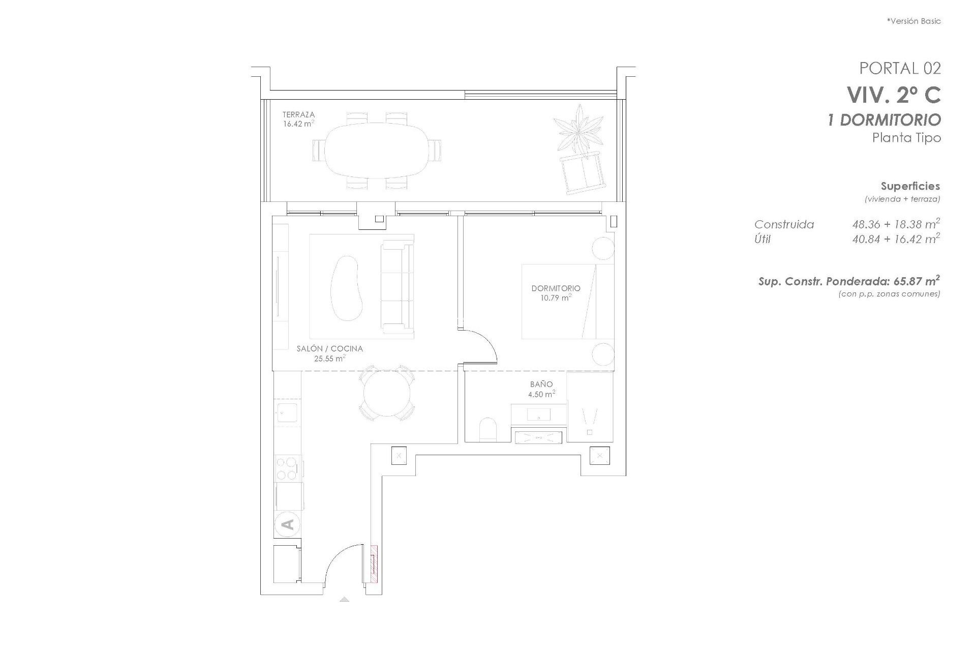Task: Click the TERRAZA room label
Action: pyautogui.click(x=298, y=115)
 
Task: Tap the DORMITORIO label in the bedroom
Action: pyautogui.click(x=556, y=288)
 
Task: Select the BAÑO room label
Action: pyautogui.click(x=541, y=384)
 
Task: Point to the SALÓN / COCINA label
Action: pyautogui.click(x=329, y=349)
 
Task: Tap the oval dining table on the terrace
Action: pyautogui.click(x=376, y=151)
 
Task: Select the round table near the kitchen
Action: pyautogui.click(x=387, y=393)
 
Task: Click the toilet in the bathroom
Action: pyautogui.click(x=487, y=429)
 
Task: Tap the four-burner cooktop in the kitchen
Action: pyautogui.click(x=287, y=468)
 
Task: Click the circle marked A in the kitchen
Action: pyautogui.click(x=287, y=524)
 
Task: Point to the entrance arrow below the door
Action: pyautogui.click(x=344, y=599)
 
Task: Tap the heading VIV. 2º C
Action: pyautogui.click(x=893, y=95)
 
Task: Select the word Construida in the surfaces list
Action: pyautogui.click(x=784, y=224)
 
